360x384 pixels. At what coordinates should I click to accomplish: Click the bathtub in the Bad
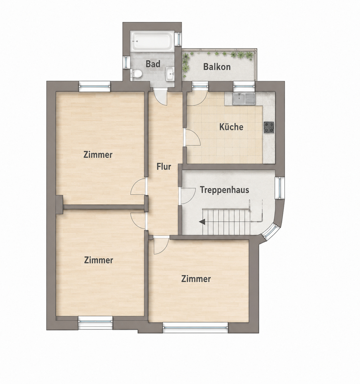[153, 41]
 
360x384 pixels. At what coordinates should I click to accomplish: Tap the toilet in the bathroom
[136, 73]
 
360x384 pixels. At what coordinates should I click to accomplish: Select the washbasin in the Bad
[170, 73]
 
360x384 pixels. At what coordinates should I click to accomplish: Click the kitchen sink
[244, 99]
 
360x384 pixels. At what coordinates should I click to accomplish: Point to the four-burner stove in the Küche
[269, 127]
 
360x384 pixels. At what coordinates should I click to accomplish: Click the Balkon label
[217, 67]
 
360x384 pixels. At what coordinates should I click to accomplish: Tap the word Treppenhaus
[225, 190]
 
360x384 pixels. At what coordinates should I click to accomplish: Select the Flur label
[164, 167]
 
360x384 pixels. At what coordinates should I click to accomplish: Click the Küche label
[231, 127]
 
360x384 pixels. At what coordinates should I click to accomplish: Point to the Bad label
[153, 64]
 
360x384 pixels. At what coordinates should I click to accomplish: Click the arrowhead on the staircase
[202, 222]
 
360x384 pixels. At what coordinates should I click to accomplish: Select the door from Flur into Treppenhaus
[187, 196]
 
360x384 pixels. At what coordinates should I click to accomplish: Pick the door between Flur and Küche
[192, 138]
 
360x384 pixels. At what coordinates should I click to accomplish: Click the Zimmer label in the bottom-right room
[196, 279]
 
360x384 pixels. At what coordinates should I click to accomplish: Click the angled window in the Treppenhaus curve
[269, 232]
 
